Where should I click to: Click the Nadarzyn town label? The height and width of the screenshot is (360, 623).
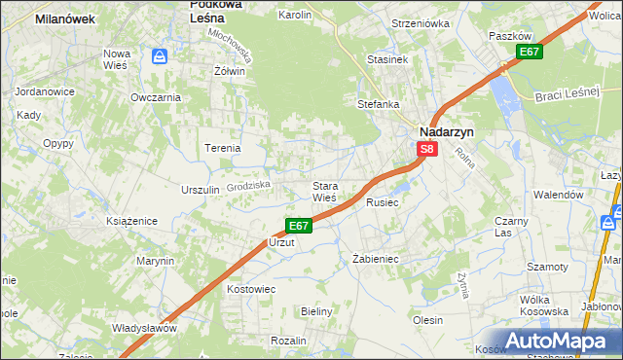click(x=445, y=130)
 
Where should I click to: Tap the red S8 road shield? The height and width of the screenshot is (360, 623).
click(x=427, y=150)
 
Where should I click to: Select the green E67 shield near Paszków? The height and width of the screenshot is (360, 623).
click(x=529, y=52)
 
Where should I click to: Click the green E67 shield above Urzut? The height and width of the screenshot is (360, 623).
click(x=299, y=226)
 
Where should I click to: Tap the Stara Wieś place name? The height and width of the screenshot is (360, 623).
click(x=324, y=192)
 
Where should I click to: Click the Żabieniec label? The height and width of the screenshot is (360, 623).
click(x=375, y=259)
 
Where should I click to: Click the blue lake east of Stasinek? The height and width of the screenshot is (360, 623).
click(x=504, y=92)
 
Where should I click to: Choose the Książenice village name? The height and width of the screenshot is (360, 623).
click(x=131, y=221)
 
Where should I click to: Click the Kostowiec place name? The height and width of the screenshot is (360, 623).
click(x=251, y=289)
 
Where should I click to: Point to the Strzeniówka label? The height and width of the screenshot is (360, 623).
click(x=421, y=22)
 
